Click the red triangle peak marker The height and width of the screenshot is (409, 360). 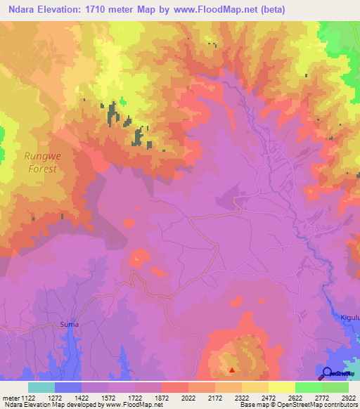(231, 368)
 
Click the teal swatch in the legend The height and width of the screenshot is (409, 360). (41, 387)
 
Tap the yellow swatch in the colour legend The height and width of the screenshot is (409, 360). (281, 387)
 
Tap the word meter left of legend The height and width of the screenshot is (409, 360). (11, 397)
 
